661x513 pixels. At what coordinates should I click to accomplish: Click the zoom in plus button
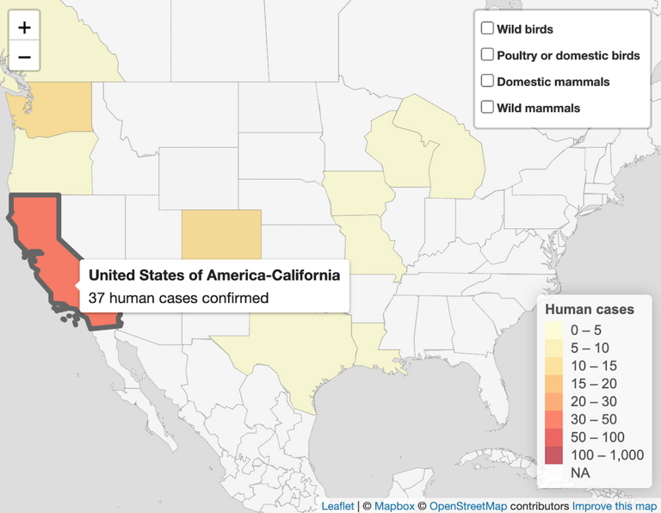pyautogui.click(x=24, y=27)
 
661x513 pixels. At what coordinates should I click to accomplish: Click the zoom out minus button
pyautogui.click(x=24, y=58)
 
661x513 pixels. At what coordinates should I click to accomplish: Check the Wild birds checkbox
pyautogui.click(x=487, y=29)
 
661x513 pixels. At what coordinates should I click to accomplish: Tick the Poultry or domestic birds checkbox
pyautogui.click(x=487, y=55)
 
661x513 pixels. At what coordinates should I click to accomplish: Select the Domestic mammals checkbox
pyautogui.click(x=487, y=82)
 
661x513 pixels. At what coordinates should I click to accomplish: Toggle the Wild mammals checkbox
pyautogui.click(x=487, y=108)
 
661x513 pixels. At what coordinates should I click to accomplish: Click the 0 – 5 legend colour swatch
pyautogui.click(x=554, y=330)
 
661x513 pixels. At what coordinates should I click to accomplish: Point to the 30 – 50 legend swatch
pyautogui.click(x=554, y=419)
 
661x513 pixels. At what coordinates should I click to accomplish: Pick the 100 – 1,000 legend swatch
pyautogui.click(x=554, y=454)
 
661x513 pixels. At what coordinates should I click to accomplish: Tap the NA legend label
pyautogui.click(x=580, y=473)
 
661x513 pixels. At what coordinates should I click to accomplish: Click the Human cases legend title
pyautogui.click(x=590, y=309)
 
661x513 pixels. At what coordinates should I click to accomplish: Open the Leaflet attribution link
pyautogui.click(x=337, y=506)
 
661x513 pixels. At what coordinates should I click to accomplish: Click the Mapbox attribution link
pyautogui.click(x=394, y=506)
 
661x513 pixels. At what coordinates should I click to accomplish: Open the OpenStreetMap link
pyautogui.click(x=467, y=506)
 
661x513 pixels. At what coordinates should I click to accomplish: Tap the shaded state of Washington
pyautogui.click(x=52, y=108)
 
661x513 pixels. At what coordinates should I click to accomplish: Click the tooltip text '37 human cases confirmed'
pyautogui.click(x=179, y=299)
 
